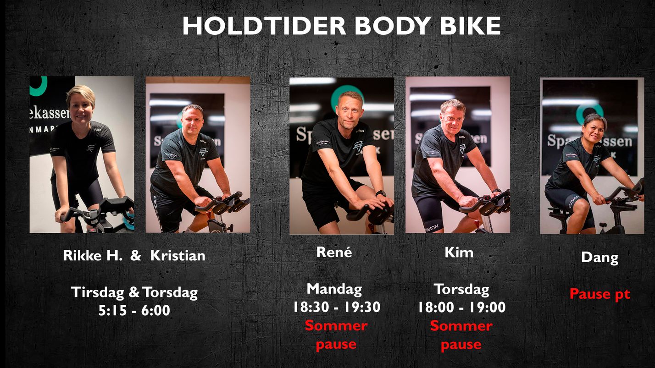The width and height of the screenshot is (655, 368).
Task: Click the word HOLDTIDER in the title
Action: click(264, 26)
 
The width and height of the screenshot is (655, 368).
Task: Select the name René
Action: click(334, 252)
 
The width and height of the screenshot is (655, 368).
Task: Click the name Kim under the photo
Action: click(459, 253)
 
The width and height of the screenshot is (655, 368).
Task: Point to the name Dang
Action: click(600, 258)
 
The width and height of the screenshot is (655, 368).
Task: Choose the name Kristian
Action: click(178, 256)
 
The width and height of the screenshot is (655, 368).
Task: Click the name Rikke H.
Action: click(93, 256)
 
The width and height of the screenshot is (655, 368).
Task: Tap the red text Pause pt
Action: click(600, 294)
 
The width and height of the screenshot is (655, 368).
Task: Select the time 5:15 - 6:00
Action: click(134, 310)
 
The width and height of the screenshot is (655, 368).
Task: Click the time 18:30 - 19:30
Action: click(337, 307)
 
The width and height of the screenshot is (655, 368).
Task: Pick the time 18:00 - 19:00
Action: click(462, 307)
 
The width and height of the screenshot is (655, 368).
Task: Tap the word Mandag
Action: click(334, 290)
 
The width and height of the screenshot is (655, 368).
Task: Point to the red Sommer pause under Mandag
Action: click(336, 335)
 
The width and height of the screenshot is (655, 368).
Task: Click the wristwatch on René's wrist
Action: click(381, 193)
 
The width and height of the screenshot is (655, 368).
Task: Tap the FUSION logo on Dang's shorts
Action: click(574, 202)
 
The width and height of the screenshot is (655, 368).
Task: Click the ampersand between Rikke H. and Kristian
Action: click(136, 256)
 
